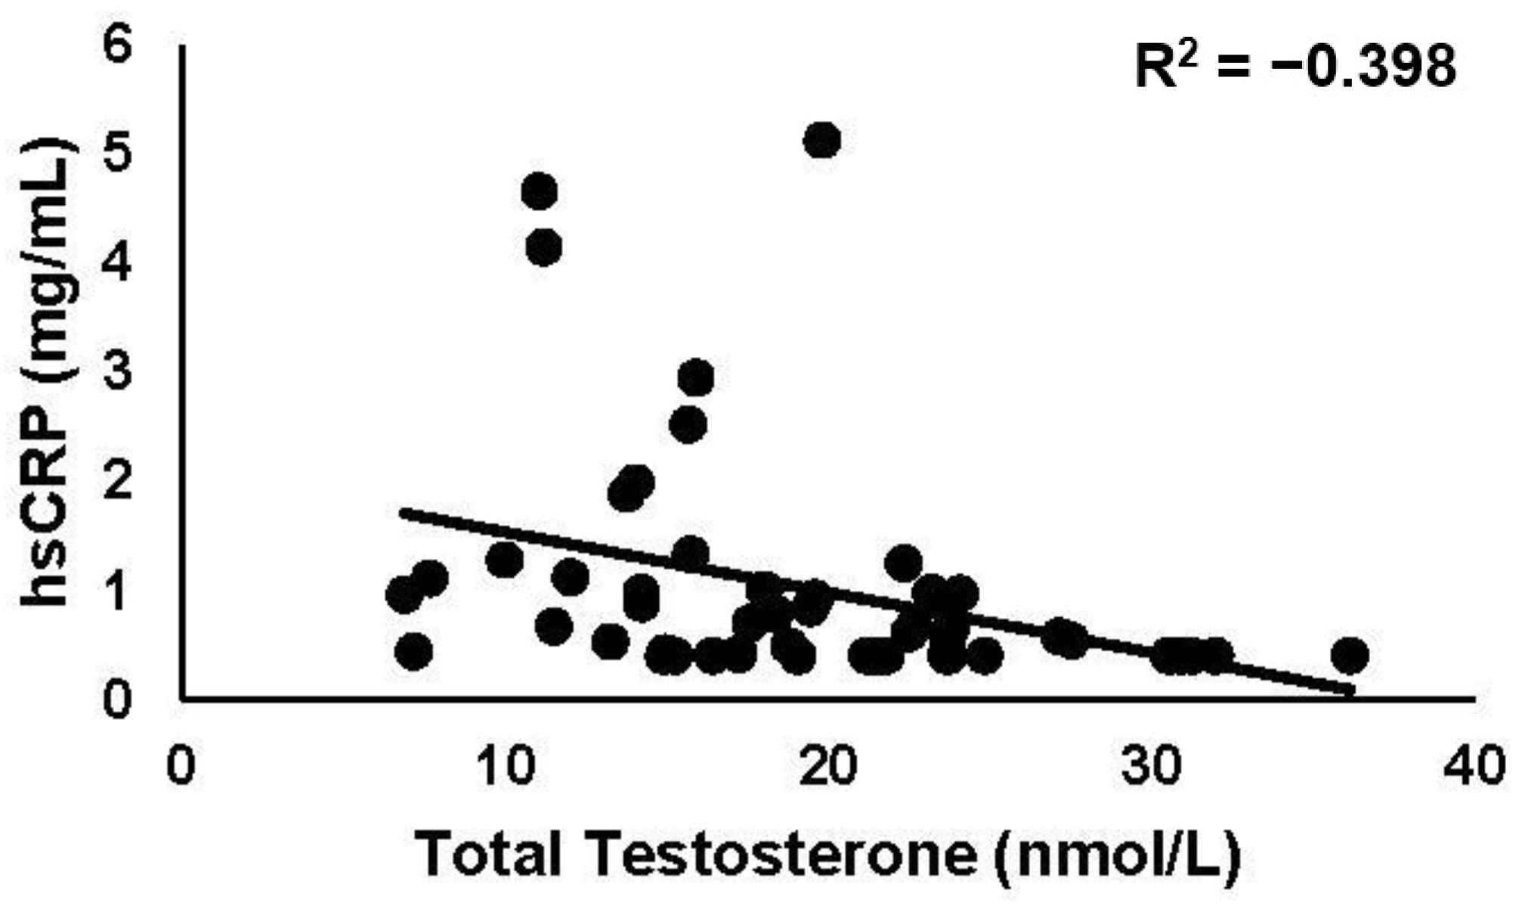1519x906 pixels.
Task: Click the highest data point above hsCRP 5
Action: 822,141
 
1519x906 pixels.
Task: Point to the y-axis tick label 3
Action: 118,373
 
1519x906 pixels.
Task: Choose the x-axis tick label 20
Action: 830,767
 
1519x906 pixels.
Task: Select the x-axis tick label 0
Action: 181,767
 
